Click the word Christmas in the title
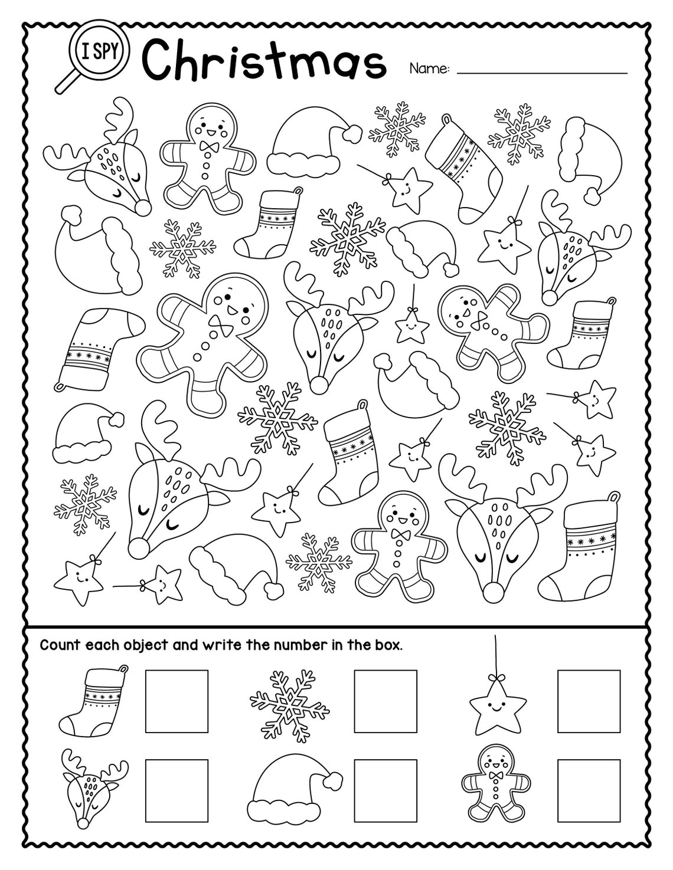pyautogui.click(x=264, y=60)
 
